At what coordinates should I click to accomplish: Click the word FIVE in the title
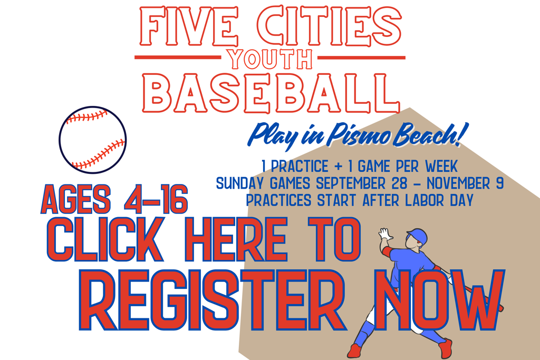189,26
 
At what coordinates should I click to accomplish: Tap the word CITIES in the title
329,26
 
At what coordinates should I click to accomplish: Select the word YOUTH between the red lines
271,59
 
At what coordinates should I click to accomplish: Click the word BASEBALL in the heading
271,93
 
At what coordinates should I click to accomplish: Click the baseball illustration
93,139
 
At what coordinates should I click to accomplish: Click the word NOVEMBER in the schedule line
458,183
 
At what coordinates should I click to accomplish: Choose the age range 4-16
156,199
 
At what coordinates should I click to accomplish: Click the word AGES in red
76,199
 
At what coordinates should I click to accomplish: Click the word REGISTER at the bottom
212,300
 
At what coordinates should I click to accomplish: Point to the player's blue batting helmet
417,236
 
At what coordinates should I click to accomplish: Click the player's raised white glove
385,234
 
